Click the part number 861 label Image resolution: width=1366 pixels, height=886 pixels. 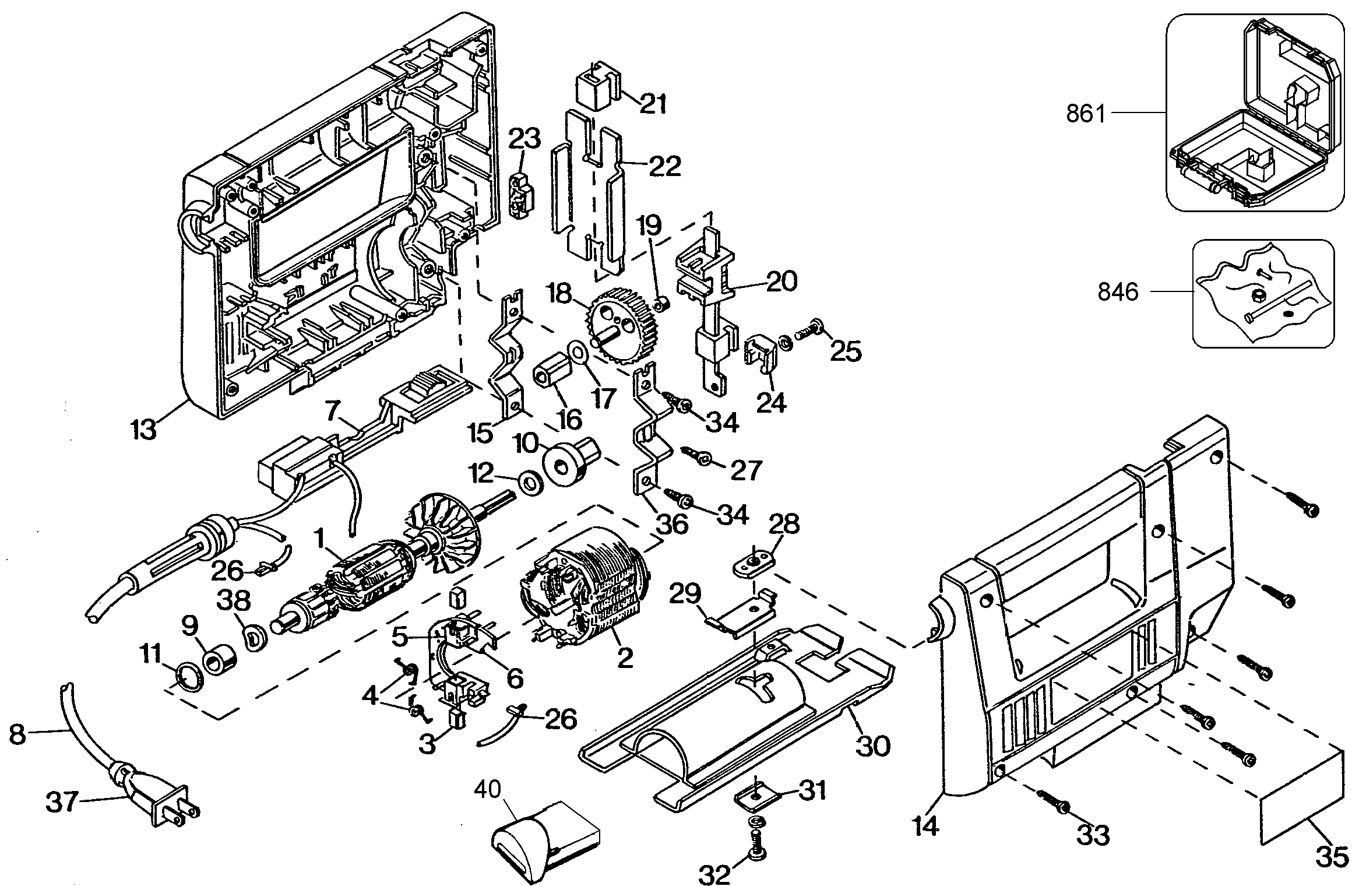pos(1086,114)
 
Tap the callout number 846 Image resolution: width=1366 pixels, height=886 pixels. pos(1118,292)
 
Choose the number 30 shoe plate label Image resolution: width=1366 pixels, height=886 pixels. pos(874,746)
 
